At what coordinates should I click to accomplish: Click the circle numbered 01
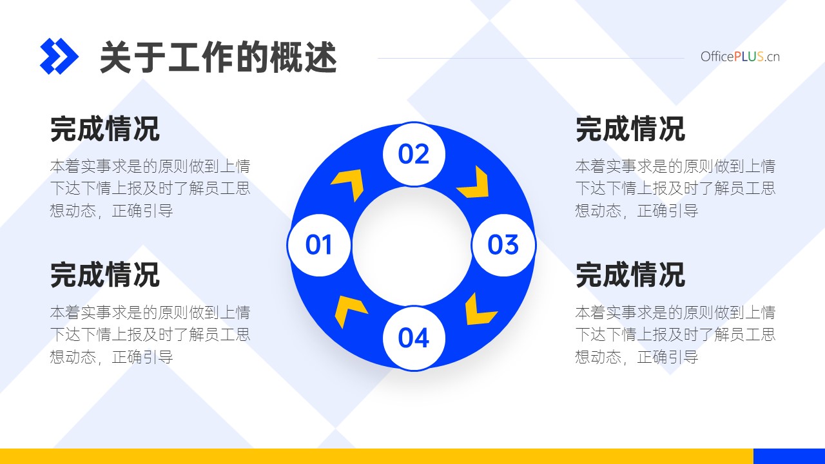[x=319, y=245]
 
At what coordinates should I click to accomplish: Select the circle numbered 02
[x=414, y=154]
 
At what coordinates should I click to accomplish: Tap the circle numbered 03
[x=503, y=245]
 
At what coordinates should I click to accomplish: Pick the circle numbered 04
[x=414, y=338]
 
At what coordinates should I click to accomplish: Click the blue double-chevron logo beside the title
[x=59, y=56]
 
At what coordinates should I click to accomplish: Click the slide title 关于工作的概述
[x=218, y=57]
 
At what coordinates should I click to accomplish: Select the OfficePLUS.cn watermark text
[x=740, y=57]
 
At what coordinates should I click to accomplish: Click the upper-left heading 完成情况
[x=105, y=129]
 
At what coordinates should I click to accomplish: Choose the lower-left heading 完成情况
[x=105, y=275]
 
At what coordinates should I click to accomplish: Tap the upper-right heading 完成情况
[x=630, y=129]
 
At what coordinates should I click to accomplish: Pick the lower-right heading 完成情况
[x=630, y=275]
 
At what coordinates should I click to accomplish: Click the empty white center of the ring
[x=412, y=246]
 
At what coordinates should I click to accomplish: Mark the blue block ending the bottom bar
[x=790, y=456]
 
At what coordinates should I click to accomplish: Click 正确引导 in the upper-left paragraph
[x=142, y=211]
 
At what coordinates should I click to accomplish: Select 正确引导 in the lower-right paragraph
[x=667, y=357]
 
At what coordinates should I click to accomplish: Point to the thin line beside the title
[x=531, y=58]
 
